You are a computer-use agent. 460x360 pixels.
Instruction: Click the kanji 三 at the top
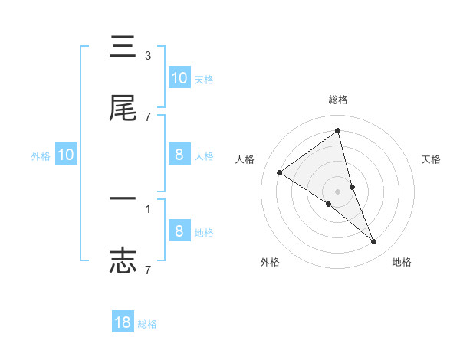pyautogui.click(x=123, y=48)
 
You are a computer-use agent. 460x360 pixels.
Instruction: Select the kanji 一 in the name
pyautogui.click(x=123, y=200)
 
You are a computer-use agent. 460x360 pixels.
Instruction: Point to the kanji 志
pyautogui.click(x=123, y=260)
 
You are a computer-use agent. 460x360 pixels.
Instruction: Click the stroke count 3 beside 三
pyautogui.click(x=148, y=56)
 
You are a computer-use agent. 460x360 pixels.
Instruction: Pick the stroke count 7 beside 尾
pyautogui.click(x=148, y=116)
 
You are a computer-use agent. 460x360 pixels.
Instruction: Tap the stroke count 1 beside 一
pyautogui.click(x=148, y=208)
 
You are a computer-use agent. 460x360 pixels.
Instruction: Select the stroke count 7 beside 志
pyautogui.click(x=148, y=269)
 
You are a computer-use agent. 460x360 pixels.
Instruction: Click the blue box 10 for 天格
pyautogui.click(x=179, y=78)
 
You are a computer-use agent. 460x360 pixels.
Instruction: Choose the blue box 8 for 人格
pyautogui.click(x=179, y=155)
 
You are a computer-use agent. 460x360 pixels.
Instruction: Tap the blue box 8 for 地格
pyautogui.click(x=179, y=231)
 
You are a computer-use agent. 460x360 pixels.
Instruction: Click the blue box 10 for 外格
pyautogui.click(x=66, y=155)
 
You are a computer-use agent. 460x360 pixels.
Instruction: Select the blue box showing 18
pyautogui.click(x=123, y=322)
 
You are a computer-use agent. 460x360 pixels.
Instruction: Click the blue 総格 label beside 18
pyautogui.click(x=147, y=324)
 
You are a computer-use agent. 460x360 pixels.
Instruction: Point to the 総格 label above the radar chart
pyautogui.click(x=338, y=100)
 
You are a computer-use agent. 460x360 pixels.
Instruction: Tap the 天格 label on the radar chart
pyautogui.click(x=432, y=159)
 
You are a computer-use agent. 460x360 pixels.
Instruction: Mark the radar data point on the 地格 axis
pyautogui.click(x=374, y=242)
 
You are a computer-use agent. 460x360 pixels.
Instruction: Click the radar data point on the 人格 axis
pyautogui.click(x=280, y=172)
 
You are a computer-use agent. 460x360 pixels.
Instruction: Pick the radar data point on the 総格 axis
pyautogui.click(x=338, y=131)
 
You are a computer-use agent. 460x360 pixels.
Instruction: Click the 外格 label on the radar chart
pyautogui.click(x=270, y=262)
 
